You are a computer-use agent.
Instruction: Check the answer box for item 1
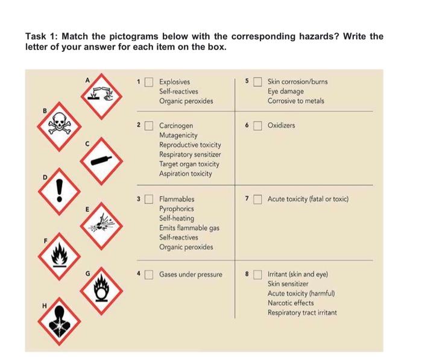pyautogui.click(x=151, y=81)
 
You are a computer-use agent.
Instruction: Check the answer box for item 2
pyautogui.click(x=151, y=126)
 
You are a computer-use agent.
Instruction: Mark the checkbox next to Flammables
pyautogui.click(x=151, y=198)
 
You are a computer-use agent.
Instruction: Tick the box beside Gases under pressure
pyautogui.click(x=151, y=274)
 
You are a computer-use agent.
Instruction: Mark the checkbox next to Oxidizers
pyautogui.click(x=258, y=126)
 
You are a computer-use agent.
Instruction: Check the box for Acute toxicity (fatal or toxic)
pyautogui.click(x=258, y=198)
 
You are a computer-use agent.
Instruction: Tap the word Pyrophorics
pyautogui.click(x=176, y=208)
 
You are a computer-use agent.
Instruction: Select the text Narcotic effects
pyautogui.click(x=291, y=303)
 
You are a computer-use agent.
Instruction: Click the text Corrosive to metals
pyautogui.click(x=296, y=101)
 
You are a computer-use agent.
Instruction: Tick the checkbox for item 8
pyautogui.click(x=258, y=274)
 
